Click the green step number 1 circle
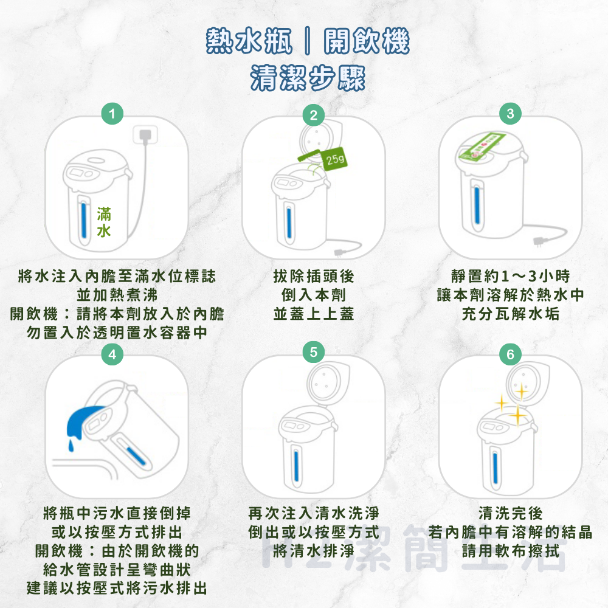point(112,114)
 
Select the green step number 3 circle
point(510,114)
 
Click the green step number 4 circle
point(112,354)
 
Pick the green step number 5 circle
point(313,353)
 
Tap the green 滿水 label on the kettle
point(104,223)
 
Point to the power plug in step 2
point(339,250)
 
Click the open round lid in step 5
point(326,382)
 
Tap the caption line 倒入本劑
point(313,295)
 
